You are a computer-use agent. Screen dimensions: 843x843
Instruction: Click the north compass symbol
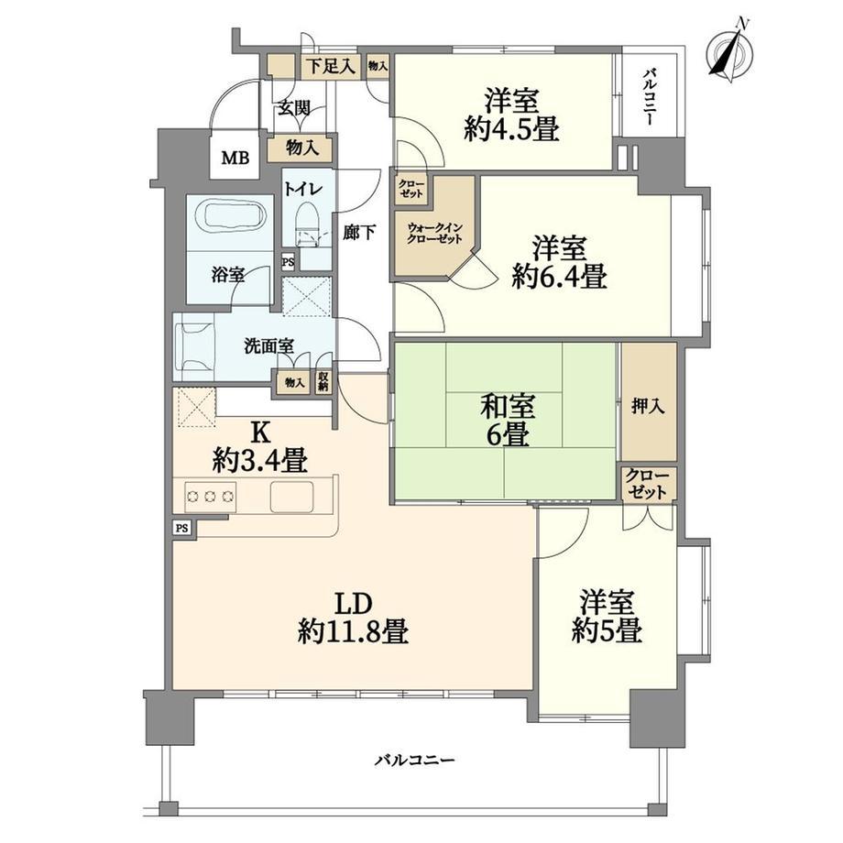730,51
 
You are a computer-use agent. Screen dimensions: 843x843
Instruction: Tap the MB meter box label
236,158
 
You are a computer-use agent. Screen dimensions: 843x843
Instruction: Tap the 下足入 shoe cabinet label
331,67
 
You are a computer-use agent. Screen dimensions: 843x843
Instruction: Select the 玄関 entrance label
293,108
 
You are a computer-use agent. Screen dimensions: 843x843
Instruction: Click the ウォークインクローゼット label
434,234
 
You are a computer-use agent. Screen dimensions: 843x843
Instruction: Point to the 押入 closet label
648,406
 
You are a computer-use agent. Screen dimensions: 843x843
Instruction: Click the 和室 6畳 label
508,420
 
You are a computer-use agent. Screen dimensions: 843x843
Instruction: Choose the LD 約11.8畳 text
353,618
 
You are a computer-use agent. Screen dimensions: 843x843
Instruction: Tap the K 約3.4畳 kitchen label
260,445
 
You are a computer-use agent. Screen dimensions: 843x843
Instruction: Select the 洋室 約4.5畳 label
511,115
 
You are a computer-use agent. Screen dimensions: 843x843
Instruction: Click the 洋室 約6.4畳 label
560,262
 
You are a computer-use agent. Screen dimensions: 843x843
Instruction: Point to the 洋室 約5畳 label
607,616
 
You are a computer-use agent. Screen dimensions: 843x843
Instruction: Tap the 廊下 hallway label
359,233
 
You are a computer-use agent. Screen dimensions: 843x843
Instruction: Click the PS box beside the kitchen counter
182,529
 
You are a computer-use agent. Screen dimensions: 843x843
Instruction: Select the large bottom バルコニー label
415,761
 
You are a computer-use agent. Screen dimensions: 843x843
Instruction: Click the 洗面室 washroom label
268,346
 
